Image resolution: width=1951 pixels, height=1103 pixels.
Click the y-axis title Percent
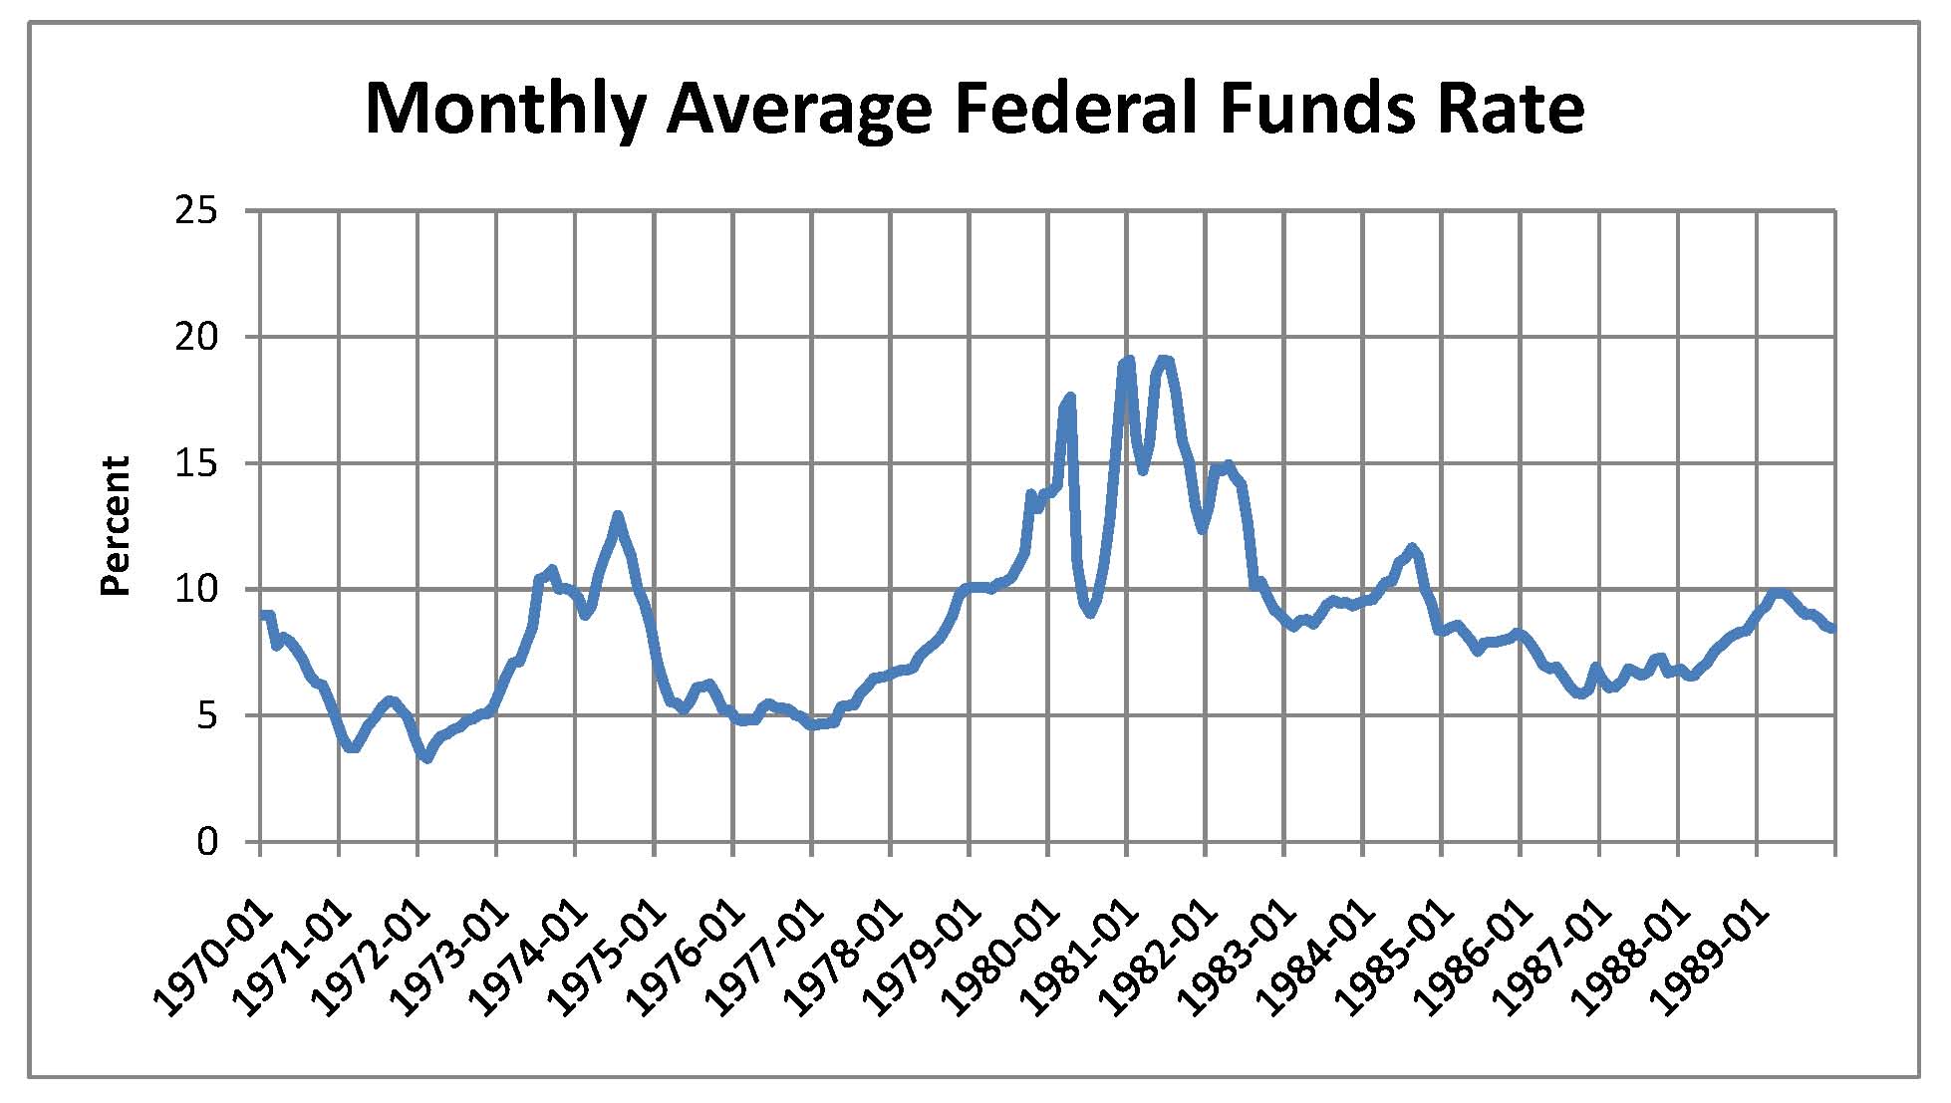(117, 526)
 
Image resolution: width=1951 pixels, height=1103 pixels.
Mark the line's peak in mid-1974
(618, 516)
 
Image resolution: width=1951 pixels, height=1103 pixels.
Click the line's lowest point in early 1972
(426, 759)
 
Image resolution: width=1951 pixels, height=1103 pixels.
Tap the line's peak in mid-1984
(1411, 547)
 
